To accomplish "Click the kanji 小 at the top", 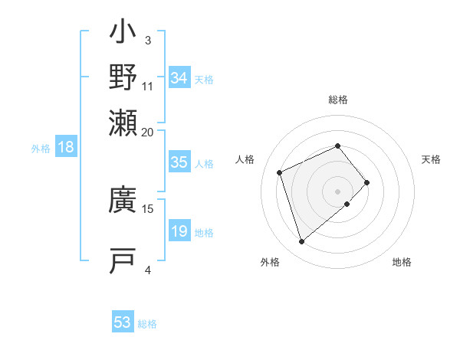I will tap(123, 35).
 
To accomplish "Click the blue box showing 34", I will tap(179, 78).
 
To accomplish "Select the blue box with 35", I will tap(179, 162).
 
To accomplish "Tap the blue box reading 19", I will tap(179, 231).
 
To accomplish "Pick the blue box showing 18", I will tap(66, 148).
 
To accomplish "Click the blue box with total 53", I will tap(123, 322).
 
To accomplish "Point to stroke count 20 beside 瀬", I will tap(148, 132).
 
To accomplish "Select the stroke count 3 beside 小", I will tap(148, 40).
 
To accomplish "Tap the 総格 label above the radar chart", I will tap(337, 100).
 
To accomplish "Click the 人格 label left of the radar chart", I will tap(245, 159).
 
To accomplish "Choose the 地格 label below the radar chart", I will tap(402, 263).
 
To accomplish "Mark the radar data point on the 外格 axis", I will tap(301, 242).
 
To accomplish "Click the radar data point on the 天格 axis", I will tap(367, 182).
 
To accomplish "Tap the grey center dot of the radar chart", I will tap(338, 190).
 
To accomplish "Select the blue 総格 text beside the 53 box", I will tap(148, 324).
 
